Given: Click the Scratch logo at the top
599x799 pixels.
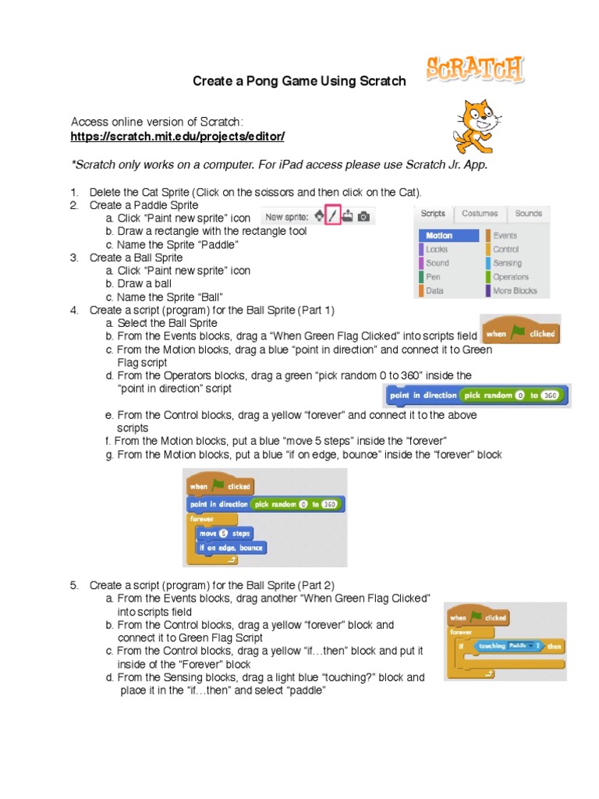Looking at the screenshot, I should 475,70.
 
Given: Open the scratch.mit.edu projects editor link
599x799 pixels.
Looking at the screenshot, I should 178,137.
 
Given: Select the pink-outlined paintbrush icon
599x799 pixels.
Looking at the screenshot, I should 332,216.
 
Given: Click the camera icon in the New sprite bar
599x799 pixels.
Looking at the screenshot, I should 363,216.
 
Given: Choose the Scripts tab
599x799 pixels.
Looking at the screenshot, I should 433,213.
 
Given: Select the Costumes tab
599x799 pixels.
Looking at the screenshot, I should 479,213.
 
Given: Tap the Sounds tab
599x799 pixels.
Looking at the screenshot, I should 528,213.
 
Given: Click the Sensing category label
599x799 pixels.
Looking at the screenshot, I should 507,264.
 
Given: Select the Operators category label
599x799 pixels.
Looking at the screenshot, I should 510,277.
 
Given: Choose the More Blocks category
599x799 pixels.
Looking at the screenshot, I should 515,291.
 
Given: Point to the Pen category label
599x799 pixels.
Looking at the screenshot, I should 433,277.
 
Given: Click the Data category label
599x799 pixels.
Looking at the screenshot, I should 434,291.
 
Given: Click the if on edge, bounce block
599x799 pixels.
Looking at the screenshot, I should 230,548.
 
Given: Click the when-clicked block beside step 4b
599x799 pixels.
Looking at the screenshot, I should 519,333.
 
